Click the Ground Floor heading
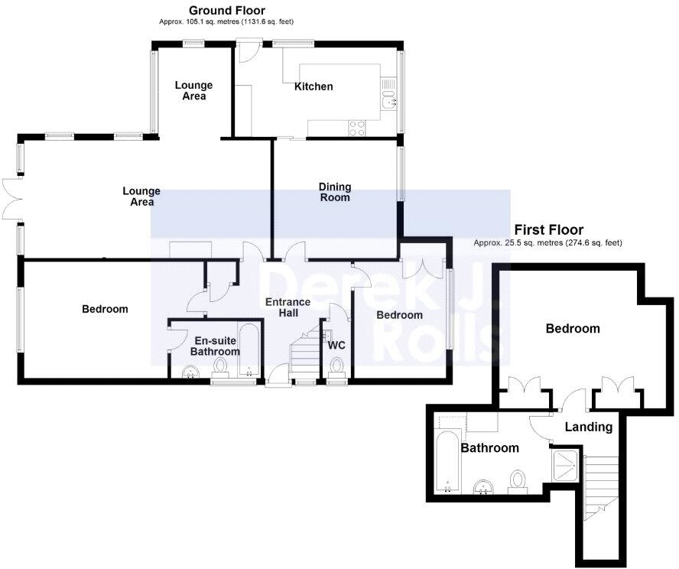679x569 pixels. click(226, 11)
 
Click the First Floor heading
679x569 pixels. click(548, 229)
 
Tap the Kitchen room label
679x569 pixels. click(314, 86)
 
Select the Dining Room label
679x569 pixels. click(335, 192)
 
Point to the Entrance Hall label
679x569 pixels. click(288, 307)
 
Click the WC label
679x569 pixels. click(336, 345)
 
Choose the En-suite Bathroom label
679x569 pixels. click(216, 346)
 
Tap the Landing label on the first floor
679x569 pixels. click(589, 427)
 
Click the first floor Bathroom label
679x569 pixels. click(489, 448)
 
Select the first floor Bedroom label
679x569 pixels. click(572, 329)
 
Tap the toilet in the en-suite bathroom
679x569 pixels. click(222, 367)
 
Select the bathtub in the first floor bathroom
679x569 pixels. click(447, 454)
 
